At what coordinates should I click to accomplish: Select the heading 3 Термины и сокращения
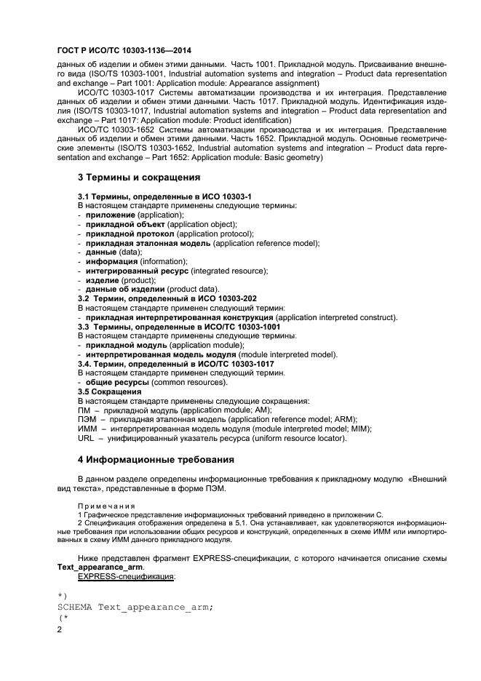pyautogui.click(x=139, y=177)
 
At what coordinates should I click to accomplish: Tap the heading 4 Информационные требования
pyautogui.click(x=156, y=460)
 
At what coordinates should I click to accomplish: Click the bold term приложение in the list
pyautogui.click(x=111, y=215)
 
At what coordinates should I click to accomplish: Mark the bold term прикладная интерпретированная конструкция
pyautogui.click(x=180, y=317)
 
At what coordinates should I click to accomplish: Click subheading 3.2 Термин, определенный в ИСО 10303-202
pyautogui.click(x=167, y=298)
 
